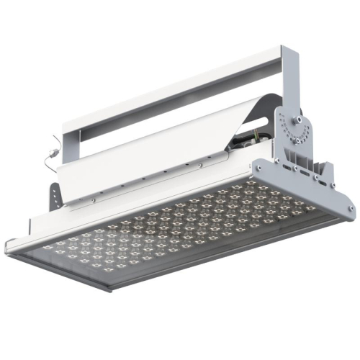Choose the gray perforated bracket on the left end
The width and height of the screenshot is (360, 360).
click(55, 194)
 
